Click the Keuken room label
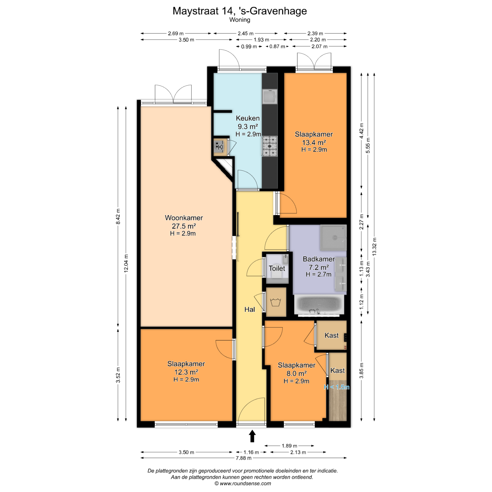coord(248,118)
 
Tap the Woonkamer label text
coord(184,218)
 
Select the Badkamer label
coord(319,259)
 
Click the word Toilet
coord(277,268)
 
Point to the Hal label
coord(250,310)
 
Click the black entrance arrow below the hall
coord(252,436)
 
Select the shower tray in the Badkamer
coord(333,238)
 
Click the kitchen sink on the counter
coord(270,97)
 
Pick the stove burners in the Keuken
coord(270,146)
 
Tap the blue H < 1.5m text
coord(336,387)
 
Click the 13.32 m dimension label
coord(374,247)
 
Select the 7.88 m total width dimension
coord(243,458)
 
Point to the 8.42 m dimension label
coord(118,217)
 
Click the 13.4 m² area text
coord(314,142)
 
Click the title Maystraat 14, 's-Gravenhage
coord(240,11)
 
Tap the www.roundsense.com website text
coord(245,484)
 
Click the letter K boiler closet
coord(220,147)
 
